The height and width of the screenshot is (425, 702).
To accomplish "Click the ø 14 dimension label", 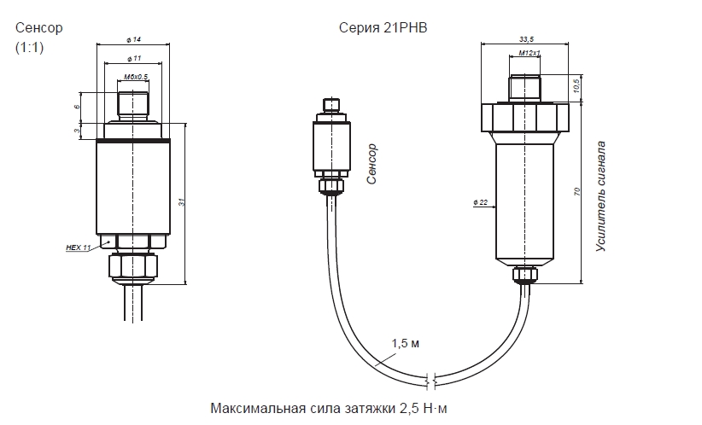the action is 133,40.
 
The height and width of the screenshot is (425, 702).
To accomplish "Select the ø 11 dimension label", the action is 134,59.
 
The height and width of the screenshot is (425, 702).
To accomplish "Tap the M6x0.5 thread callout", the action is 136,77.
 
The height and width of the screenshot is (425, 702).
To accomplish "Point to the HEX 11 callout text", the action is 79,247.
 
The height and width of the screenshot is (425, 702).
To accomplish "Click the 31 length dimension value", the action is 182,202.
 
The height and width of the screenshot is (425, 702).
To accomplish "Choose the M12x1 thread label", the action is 529,53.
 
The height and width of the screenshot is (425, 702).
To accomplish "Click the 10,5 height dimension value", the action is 577,85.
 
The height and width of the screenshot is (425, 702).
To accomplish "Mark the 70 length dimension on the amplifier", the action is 577,191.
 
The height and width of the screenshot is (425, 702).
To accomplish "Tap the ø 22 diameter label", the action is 481,202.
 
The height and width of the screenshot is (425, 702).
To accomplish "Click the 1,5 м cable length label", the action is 406,344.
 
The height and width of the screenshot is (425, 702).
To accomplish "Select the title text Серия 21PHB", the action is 383,28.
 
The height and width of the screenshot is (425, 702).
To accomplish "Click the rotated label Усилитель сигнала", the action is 601,196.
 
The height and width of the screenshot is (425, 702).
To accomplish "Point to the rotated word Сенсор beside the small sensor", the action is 371,164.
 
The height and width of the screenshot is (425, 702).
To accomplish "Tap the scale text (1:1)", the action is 30,48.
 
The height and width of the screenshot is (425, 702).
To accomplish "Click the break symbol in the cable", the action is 430,380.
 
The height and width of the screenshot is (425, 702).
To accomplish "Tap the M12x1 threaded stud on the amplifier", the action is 524,88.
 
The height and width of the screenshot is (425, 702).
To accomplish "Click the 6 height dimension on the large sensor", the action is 77,107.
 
